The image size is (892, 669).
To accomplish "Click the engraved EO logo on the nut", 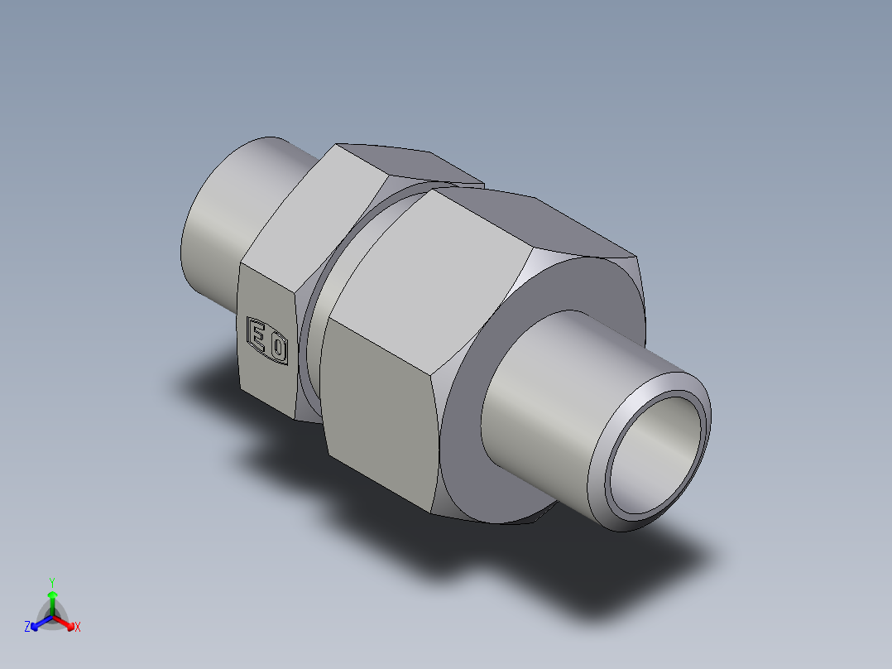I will click(268, 339).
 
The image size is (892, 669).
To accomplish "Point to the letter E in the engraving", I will click(259, 336).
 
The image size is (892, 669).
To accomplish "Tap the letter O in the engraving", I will click(278, 346).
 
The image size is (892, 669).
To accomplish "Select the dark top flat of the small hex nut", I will click(405, 162).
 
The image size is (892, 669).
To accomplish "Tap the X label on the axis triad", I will click(77, 627).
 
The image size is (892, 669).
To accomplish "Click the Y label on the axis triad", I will click(51, 581).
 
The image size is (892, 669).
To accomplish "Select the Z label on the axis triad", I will click(27, 627).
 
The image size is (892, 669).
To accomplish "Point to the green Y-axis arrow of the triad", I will click(51, 600).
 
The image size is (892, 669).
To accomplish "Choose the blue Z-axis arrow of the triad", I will click(39, 623).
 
